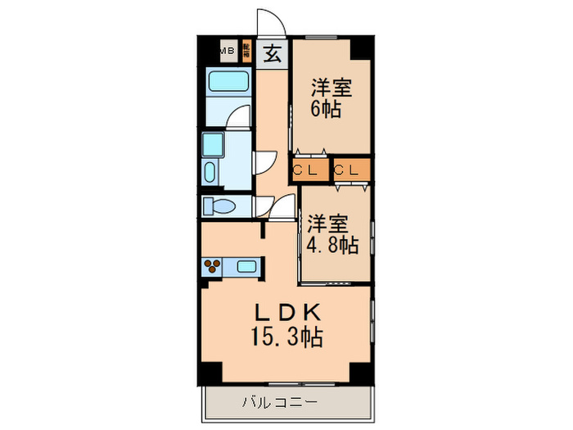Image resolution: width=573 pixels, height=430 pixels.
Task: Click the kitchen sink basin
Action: pyautogui.click(x=246, y=265)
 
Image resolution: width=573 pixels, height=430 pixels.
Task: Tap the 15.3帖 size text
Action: pyautogui.click(x=286, y=335)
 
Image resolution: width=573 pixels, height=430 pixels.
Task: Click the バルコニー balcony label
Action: pyautogui.click(x=279, y=402)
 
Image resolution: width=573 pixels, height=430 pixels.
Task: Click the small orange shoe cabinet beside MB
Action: pyautogui.click(x=245, y=51)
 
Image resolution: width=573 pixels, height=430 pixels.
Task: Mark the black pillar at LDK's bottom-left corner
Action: pyautogui.click(x=211, y=371)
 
